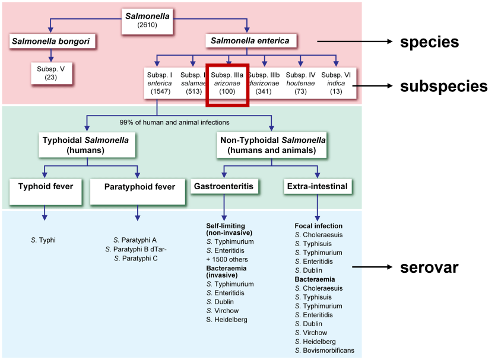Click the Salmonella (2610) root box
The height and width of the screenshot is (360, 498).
tap(147, 20)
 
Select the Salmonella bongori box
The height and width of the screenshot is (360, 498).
tap(53, 42)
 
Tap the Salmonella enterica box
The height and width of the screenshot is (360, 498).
tap(250, 41)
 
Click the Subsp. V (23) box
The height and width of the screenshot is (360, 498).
tap(51, 72)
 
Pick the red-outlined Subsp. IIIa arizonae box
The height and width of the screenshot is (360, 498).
tap(227, 84)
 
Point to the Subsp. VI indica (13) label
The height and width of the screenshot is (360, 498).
tap(337, 84)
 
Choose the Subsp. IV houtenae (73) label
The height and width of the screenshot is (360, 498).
tap(300, 84)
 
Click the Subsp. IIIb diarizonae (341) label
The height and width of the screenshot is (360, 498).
tap(264, 84)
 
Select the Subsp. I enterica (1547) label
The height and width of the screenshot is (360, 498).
tap(159, 84)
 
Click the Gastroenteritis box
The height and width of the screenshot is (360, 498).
tap(223, 186)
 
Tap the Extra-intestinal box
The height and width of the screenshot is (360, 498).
tap(316, 186)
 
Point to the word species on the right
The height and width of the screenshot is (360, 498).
tap(429, 43)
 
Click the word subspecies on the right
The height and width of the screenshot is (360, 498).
tap(443, 87)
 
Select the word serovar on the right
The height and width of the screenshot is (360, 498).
tap(429, 267)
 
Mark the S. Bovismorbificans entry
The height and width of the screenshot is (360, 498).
tap(324, 351)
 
